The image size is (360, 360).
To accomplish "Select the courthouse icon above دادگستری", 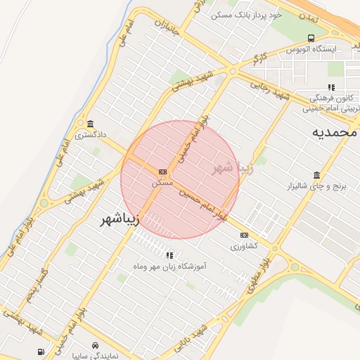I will click(89, 122).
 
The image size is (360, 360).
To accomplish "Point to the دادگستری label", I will click(90, 134).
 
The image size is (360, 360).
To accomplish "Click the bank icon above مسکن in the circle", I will click(163, 172).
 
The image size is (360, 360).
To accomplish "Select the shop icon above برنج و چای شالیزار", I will click(316, 175).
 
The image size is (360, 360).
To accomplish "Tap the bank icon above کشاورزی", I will click(244, 235).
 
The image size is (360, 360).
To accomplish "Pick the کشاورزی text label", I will click(244, 246).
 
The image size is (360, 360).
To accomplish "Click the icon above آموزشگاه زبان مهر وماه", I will click(169, 255).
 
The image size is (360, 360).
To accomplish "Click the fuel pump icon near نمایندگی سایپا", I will click(41, 352).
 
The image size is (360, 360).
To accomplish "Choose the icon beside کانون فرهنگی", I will click(331, 87).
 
